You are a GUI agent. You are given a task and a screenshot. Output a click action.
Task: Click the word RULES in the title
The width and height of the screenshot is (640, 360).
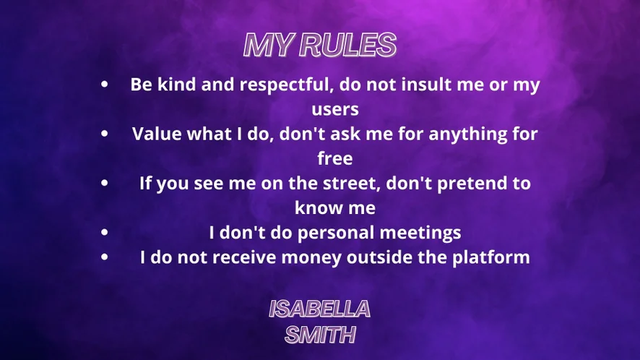coord(347,45)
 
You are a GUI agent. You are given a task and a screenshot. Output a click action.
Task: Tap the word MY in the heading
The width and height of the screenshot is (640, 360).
coord(269,45)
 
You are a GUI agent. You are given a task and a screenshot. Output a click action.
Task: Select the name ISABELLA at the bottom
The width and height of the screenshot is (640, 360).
coord(319,309)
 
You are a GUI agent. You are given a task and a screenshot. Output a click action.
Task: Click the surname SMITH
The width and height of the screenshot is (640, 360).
coord(320,335)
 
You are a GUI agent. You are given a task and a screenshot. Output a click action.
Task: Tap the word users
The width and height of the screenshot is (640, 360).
coord(335,109)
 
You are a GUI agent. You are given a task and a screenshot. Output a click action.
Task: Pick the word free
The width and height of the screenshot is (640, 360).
coord(335,158)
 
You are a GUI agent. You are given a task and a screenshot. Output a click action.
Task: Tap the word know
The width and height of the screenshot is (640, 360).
coord(318,207)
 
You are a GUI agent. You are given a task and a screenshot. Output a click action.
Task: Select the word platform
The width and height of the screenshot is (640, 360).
coord(490,257)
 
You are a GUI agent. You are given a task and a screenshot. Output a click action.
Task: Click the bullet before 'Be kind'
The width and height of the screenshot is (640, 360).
coord(105,84)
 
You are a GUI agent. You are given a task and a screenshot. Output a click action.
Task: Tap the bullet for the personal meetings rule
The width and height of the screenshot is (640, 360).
coord(105,232)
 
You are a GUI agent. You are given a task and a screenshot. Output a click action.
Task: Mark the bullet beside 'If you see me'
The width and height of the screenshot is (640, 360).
coord(105,183)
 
